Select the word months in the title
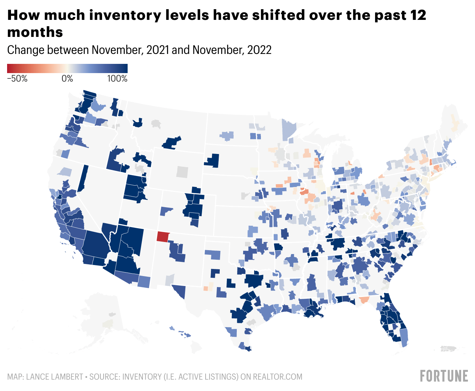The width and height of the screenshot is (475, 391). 35,32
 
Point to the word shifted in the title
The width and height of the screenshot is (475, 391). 277,15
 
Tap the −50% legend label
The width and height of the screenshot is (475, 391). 17,79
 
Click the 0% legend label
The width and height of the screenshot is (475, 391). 67,79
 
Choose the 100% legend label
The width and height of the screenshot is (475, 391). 117,79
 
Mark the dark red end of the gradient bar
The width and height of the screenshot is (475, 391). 10,68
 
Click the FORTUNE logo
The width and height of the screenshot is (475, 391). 444,376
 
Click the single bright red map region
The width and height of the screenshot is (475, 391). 163,236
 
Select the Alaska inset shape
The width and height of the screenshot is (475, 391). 106,319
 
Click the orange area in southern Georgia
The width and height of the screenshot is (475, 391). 364,300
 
